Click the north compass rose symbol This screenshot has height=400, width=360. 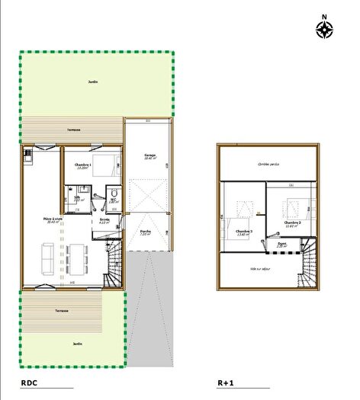point(326,28)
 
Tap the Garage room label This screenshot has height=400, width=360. point(150,156)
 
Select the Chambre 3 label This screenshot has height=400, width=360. point(244,232)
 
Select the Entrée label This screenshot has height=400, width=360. point(105,221)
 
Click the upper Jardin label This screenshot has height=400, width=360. point(93,82)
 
